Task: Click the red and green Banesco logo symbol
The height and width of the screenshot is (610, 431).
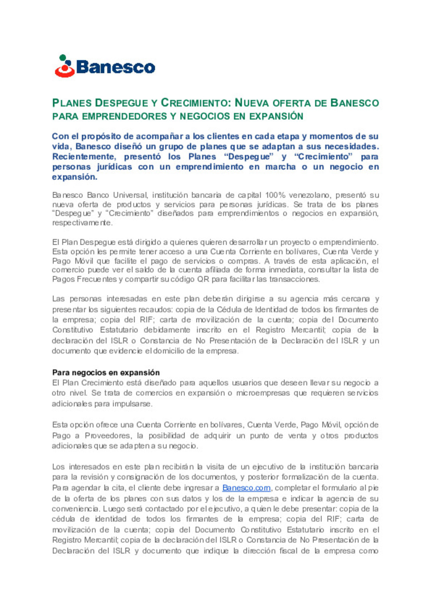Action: tap(65, 66)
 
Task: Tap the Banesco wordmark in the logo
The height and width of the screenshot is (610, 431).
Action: tap(115, 67)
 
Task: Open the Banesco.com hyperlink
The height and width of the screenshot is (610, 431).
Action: tap(246, 488)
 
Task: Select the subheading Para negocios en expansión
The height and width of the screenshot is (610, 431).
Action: tap(106, 372)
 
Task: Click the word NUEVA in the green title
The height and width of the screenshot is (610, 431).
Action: tap(250, 103)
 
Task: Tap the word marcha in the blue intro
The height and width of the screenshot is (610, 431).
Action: tap(280, 167)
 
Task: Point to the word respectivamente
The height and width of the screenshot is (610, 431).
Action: tap(82, 223)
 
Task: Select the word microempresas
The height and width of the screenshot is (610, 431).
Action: tap(263, 393)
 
